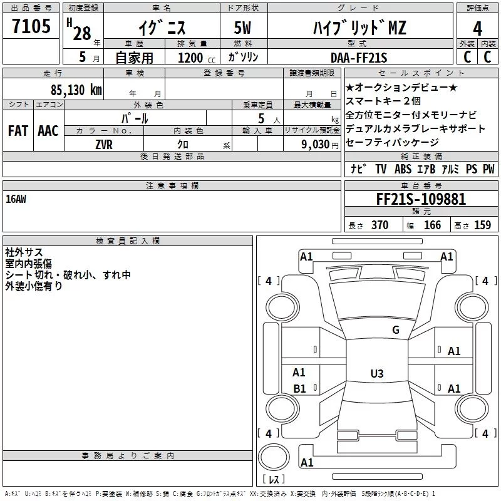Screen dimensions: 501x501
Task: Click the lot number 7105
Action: point(31,28)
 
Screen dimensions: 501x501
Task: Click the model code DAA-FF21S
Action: point(359,58)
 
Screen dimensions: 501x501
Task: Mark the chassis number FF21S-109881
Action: point(421,199)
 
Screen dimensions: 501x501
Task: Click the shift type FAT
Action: point(18,130)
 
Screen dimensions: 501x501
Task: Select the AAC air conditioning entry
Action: point(48,130)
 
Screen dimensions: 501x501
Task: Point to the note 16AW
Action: point(16,199)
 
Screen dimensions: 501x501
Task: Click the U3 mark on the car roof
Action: point(376,373)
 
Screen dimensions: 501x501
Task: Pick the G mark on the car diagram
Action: point(395,330)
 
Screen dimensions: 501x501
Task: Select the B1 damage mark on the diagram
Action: point(299,389)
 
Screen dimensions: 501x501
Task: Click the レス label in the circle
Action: point(273,480)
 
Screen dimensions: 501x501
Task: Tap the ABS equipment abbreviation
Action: point(403,169)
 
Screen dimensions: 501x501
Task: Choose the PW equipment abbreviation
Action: point(488,169)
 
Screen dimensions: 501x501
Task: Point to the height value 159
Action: point(482,225)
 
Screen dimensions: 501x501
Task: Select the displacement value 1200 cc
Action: point(194,58)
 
